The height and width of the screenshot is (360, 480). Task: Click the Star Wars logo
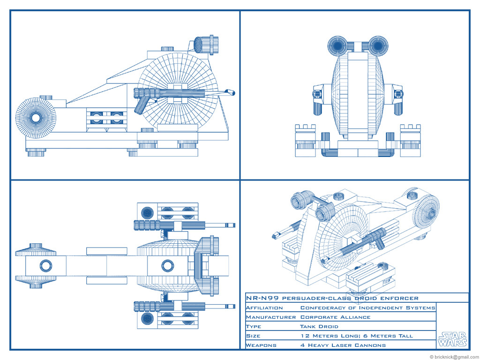coord(452,339)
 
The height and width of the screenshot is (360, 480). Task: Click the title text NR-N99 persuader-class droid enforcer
coord(332,298)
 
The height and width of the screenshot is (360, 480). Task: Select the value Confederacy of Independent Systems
coord(367,308)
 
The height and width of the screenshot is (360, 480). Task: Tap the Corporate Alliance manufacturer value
coord(335,317)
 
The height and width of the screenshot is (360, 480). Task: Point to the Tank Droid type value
coord(319,327)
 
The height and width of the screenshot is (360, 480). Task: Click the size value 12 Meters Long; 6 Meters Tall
coord(357,336)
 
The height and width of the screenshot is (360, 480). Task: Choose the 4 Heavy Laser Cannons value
coord(343,345)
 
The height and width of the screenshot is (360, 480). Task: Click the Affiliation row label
coord(264,308)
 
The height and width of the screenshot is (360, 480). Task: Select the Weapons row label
coord(261,345)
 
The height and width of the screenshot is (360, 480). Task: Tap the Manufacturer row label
coord(270,317)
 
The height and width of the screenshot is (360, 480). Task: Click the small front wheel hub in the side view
coord(36,117)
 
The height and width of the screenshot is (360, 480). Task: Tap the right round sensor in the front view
coord(378,46)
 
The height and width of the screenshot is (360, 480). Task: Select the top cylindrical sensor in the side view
coord(204,45)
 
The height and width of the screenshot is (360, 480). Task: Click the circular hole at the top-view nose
coord(46,266)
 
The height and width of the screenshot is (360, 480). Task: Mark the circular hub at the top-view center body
coord(166,266)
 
